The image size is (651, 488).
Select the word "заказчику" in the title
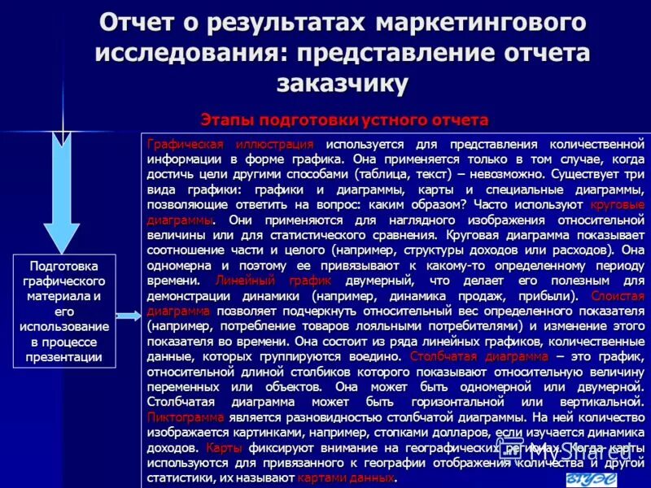point(343,82)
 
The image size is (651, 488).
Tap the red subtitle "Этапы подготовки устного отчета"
point(344,120)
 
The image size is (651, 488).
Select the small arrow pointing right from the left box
point(129,316)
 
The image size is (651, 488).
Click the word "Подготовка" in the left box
point(64,266)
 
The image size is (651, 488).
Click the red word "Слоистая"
point(618,295)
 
